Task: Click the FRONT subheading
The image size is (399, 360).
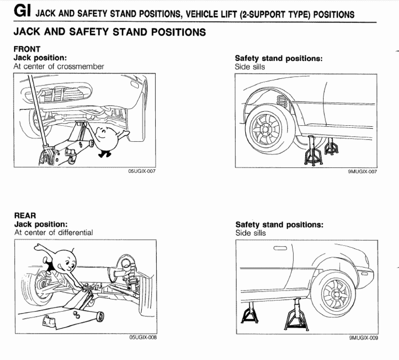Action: [26, 49]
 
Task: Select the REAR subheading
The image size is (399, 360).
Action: [24, 216]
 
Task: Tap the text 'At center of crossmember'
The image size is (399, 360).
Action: [59, 66]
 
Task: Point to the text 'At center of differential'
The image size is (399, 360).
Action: [53, 232]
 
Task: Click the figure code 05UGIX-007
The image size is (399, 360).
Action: [142, 171]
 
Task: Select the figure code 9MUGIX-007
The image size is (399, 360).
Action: [362, 171]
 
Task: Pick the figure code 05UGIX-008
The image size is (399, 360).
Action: [143, 338]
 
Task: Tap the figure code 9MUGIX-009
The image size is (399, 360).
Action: [363, 338]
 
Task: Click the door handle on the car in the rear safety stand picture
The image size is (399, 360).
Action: [280, 248]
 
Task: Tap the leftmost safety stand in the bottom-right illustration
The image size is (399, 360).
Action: [250, 316]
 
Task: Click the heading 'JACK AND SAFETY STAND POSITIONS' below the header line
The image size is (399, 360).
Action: [110, 33]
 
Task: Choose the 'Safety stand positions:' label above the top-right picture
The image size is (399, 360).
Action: [279, 58]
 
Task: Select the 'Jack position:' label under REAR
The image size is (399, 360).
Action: [41, 224]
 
